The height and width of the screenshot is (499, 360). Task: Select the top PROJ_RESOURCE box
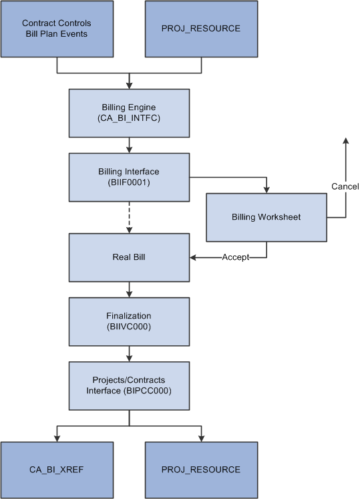pos(201,29)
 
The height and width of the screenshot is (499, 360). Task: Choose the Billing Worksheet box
pos(266,217)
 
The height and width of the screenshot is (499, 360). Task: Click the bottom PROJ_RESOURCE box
pos(201,470)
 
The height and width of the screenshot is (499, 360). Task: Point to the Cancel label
pos(345,186)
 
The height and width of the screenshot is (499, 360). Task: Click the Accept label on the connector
pos(236,257)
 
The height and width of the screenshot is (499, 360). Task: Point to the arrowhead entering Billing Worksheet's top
pos(266,190)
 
